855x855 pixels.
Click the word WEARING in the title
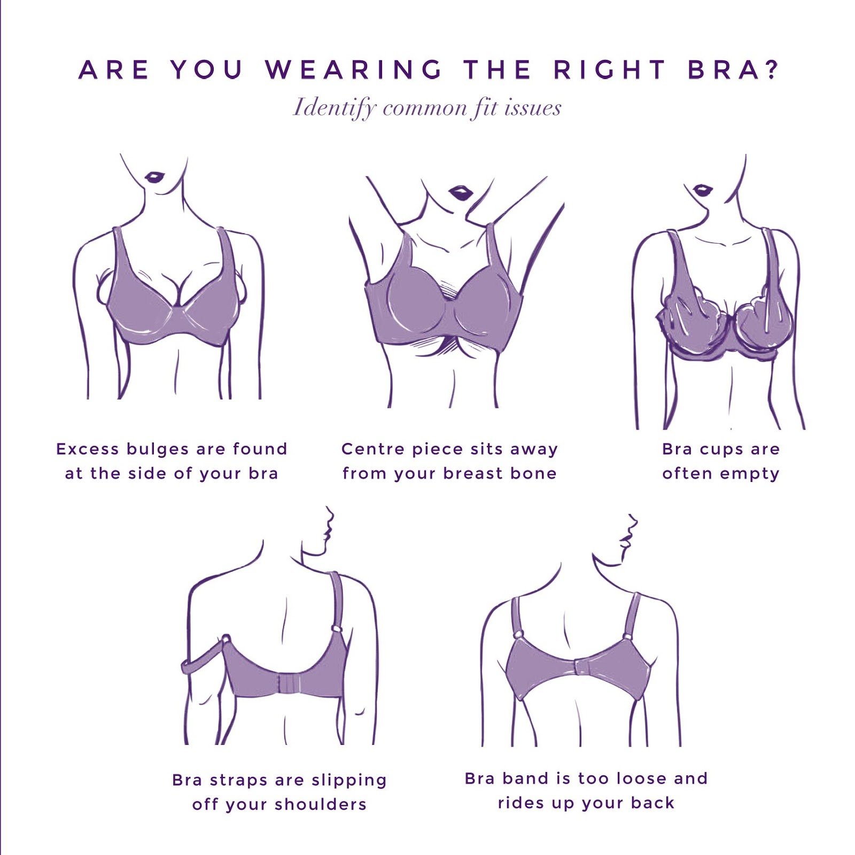(x=354, y=70)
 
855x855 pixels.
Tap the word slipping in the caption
(x=349, y=781)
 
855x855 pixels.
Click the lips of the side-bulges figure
(x=155, y=177)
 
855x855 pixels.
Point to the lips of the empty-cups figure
(x=702, y=190)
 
